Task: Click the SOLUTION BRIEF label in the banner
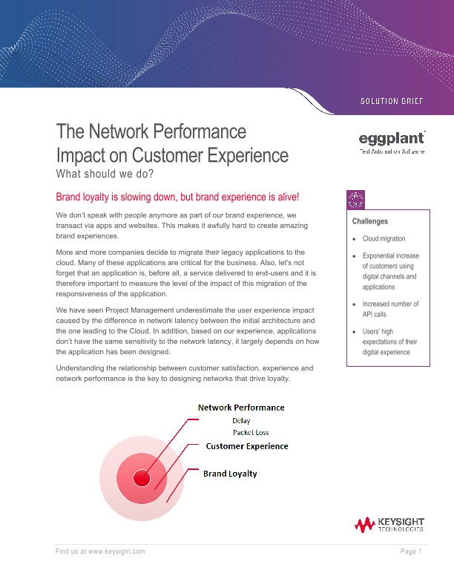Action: tap(391, 101)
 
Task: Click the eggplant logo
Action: tap(392, 141)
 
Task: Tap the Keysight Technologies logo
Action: tap(389, 525)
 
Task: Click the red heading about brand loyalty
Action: tap(177, 197)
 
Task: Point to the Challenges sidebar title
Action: tap(370, 221)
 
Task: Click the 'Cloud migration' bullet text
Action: tap(384, 239)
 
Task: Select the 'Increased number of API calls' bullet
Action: tap(390, 309)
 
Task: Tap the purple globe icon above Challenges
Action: tap(355, 198)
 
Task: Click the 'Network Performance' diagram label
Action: tap(240, 407)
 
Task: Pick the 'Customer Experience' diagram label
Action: tap(247, 446)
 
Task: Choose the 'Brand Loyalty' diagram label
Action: tap(230, 474)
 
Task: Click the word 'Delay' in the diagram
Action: tap(241, 421)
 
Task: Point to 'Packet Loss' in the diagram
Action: tap(251, 432)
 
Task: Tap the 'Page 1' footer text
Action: tap(411, 552)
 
